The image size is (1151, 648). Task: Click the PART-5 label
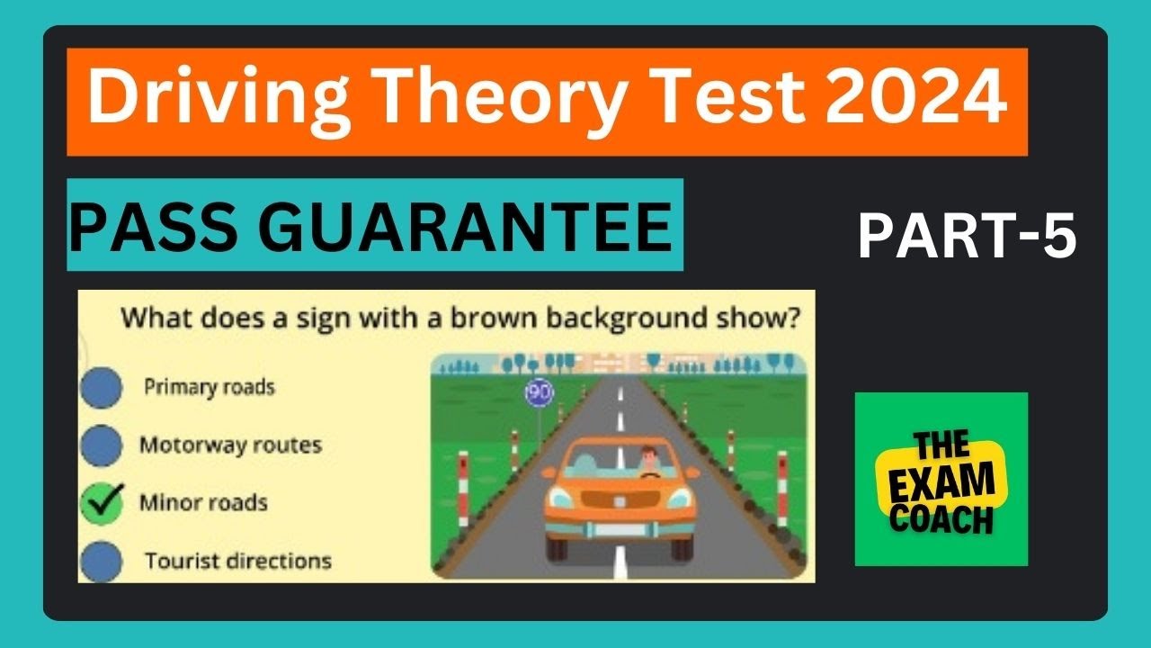[967, 238]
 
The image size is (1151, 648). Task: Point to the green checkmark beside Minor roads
[102, 503]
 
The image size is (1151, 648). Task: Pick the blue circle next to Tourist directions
[101, 562]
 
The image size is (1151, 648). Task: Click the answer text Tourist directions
[238, 561]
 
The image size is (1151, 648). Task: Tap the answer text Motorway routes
[230, 445]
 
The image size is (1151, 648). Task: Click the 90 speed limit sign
[540, 392]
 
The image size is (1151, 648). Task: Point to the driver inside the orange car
[649, 461]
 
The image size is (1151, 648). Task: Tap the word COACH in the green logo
[942, 520]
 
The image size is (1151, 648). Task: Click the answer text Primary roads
[210, 388]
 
